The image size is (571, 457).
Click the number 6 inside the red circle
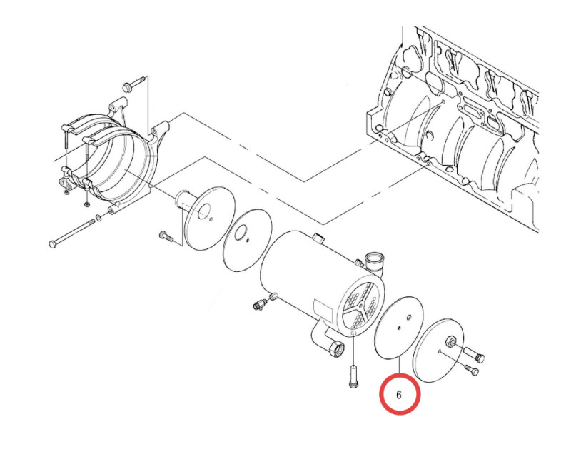pos(399,394)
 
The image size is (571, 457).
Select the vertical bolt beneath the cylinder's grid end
pos(350,376)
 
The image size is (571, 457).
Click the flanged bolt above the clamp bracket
pos(129,86)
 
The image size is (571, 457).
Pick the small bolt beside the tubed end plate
pos(163,235)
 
